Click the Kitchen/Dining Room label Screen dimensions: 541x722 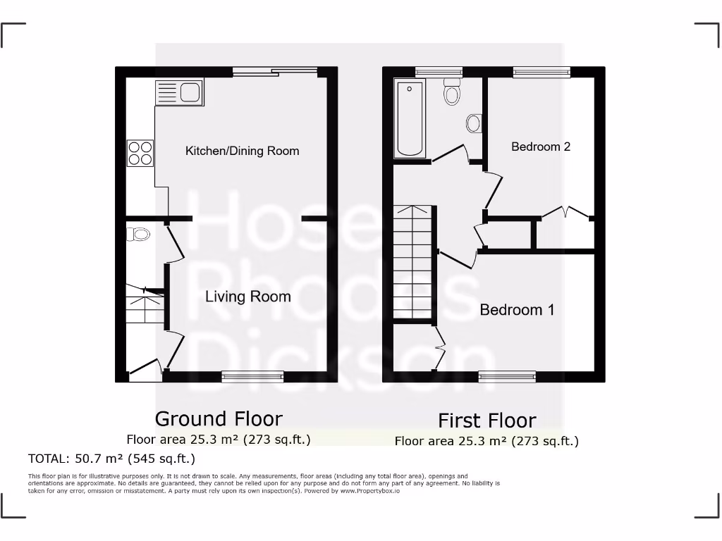[242, 151]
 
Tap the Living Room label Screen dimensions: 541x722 [247, 296]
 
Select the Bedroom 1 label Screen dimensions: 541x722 [517, 310]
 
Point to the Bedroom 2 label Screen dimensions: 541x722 [541, 147]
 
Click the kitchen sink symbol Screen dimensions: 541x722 [179, 93]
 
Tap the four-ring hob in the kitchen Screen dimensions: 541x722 [140, 153]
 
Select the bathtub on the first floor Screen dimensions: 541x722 [410, 118]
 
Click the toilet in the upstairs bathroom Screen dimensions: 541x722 [452, 92]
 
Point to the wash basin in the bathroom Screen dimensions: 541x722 [474, 124]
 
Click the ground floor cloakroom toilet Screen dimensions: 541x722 [139, 234]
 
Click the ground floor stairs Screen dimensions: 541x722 [145, 306]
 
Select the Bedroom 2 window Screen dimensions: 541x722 [541, 71]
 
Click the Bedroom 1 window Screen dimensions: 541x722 [506, 377]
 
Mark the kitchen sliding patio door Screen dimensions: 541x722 [275, 71]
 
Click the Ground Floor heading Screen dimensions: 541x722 [219, 418]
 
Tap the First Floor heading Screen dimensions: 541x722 [487, 421]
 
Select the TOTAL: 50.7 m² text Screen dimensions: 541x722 [111, 459]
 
